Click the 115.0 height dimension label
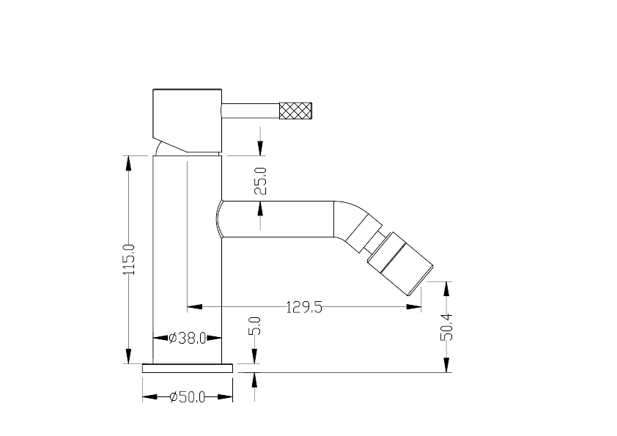(x=129, y=259)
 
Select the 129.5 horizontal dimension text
(x=304, y=307)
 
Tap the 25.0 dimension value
(x=260, y=181)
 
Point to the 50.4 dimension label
(x=446, y=327)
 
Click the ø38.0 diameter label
(x=188, y=338)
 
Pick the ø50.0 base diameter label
(x=188, y=397)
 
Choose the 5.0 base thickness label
(x=255, y=325)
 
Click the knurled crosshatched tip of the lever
(x=295, y=111)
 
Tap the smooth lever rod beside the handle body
(x=251, y=111)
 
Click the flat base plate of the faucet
(x=188, y=369)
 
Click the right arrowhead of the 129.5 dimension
(x=413, y=306)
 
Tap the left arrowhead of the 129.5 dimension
(x=195, y=306)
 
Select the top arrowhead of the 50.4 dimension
(x=446, y=289)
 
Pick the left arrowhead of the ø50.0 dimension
(x=150, y=396)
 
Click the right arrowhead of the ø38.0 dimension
(x=214, y=338)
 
